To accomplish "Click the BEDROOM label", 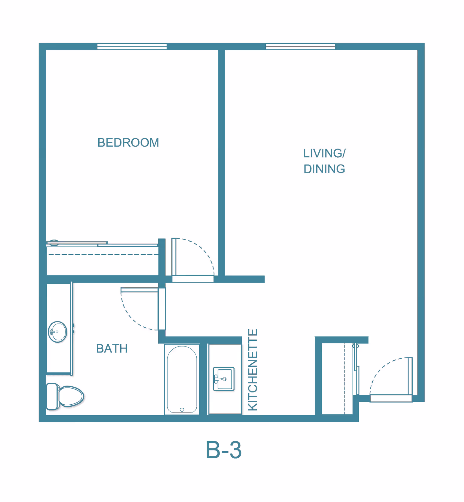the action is (x=128, y=143).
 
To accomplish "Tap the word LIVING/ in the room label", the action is (x=324, y=153).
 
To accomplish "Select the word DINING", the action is (x=324, y=169).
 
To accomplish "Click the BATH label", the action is (x=112, y=348).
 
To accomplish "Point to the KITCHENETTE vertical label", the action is (x=253, y=370).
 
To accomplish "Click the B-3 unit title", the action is (x=224, y=450).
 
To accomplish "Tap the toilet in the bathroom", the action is (x=65, y=396).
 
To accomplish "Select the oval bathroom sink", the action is (x=57, y=332).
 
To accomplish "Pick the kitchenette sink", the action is (x=224, y=379).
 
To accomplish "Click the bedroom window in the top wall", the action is (x=132, y=46).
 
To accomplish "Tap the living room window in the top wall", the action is (x=300, y=46).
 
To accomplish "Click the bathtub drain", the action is (x=182, y=410).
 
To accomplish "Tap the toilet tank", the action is (x=52, y=396).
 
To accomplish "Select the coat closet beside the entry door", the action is (x=337, y=379).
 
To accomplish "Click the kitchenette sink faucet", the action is (x=217, y=379).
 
